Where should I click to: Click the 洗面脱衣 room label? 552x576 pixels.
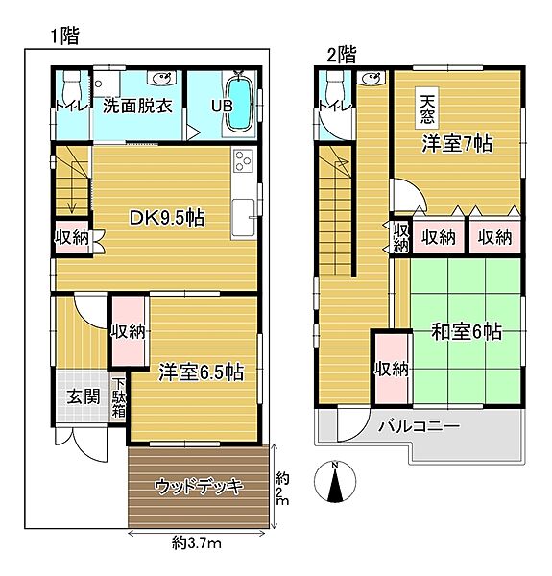[x=137, y=105]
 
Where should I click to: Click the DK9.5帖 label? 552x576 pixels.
[x=166, y=216]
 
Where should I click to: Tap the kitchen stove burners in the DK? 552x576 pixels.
[x=240, y=159]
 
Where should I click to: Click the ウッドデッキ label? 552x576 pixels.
[x=199, y=486]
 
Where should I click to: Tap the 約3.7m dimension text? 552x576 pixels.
[x=197, y=543]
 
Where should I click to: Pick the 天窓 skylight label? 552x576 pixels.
[x=426, y=107]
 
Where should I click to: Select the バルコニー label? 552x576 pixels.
[x=418, y=426]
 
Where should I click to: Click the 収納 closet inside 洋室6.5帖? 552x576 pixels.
[x=127, y=332]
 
